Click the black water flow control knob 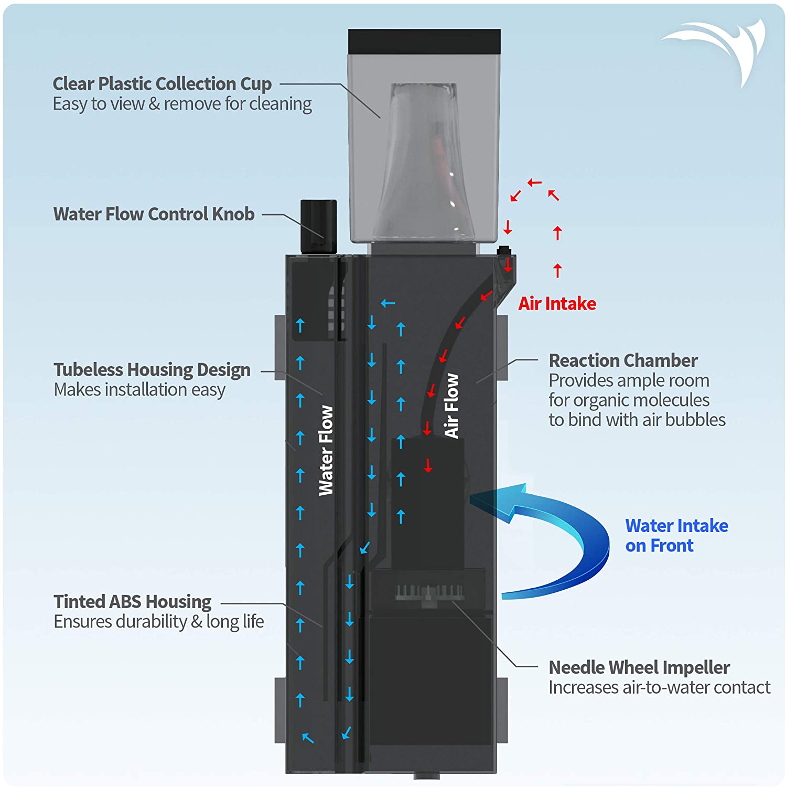[318, 226]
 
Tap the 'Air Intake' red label [557, 304]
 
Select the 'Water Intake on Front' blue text [676, 536]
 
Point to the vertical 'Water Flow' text [326, 450]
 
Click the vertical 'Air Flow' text [451, 406]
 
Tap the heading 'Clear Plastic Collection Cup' [162, 84]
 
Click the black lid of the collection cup [424, 41]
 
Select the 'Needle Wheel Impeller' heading [639, 667]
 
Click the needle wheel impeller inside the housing [429, 593]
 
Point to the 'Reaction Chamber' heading [623, 360]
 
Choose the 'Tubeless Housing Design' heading [152, 370]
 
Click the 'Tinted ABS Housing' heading [132, 601]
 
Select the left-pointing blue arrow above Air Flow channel [388, 303]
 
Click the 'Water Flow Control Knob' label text [154, 214]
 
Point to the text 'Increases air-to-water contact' [659, 687]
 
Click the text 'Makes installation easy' [139, 390]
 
